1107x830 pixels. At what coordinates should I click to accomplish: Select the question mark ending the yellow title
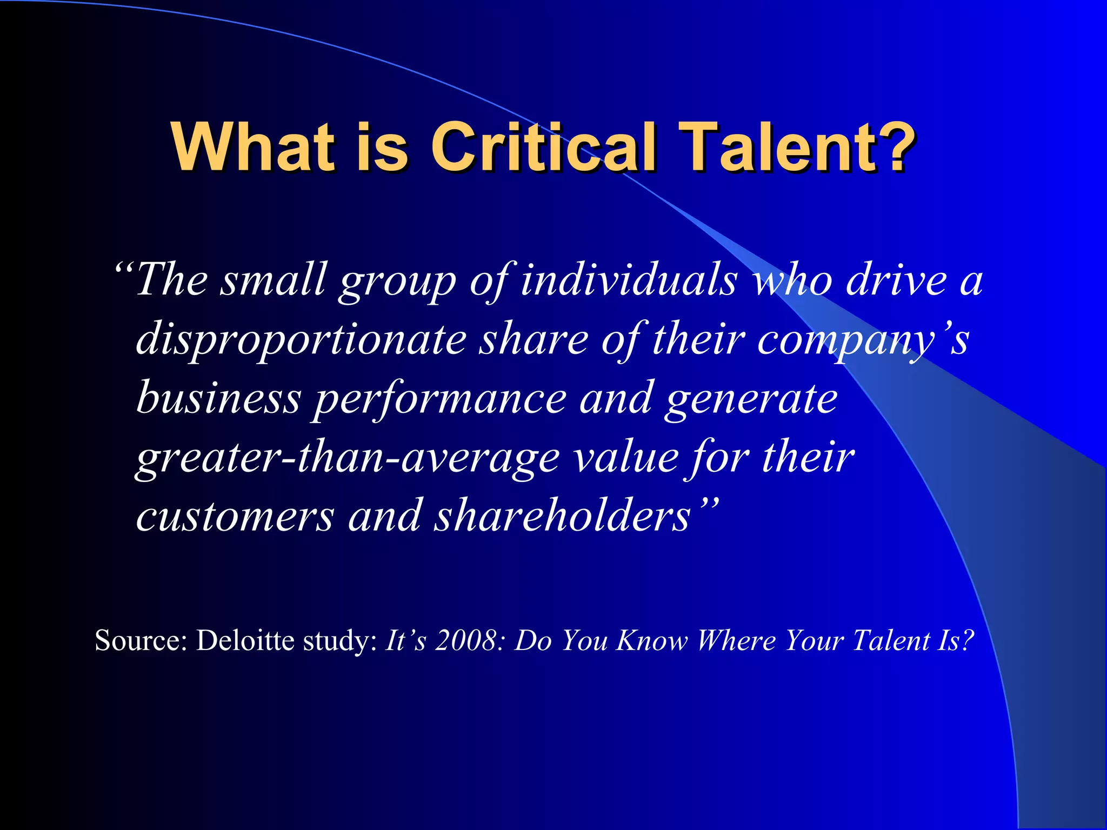pyautogui.click(x=898, y=147)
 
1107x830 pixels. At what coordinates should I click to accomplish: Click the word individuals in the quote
pyautogui.click(x=629, y=280)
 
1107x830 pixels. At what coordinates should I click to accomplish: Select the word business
pyautogui.click(x=218, y=398)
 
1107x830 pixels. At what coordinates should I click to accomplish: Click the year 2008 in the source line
pyautogui.click(x=465, y=641)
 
